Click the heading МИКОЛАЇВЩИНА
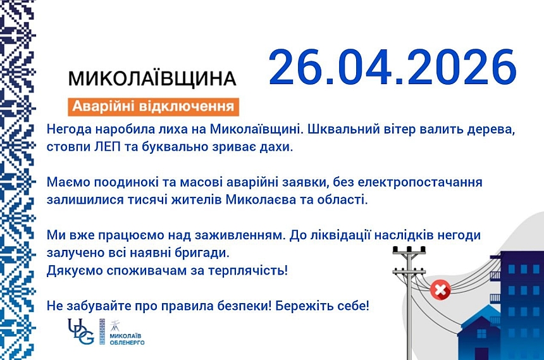pos(152,78)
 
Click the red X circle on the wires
pos(440,290)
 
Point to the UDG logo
pos(80,331)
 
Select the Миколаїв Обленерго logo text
pos(127,338)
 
